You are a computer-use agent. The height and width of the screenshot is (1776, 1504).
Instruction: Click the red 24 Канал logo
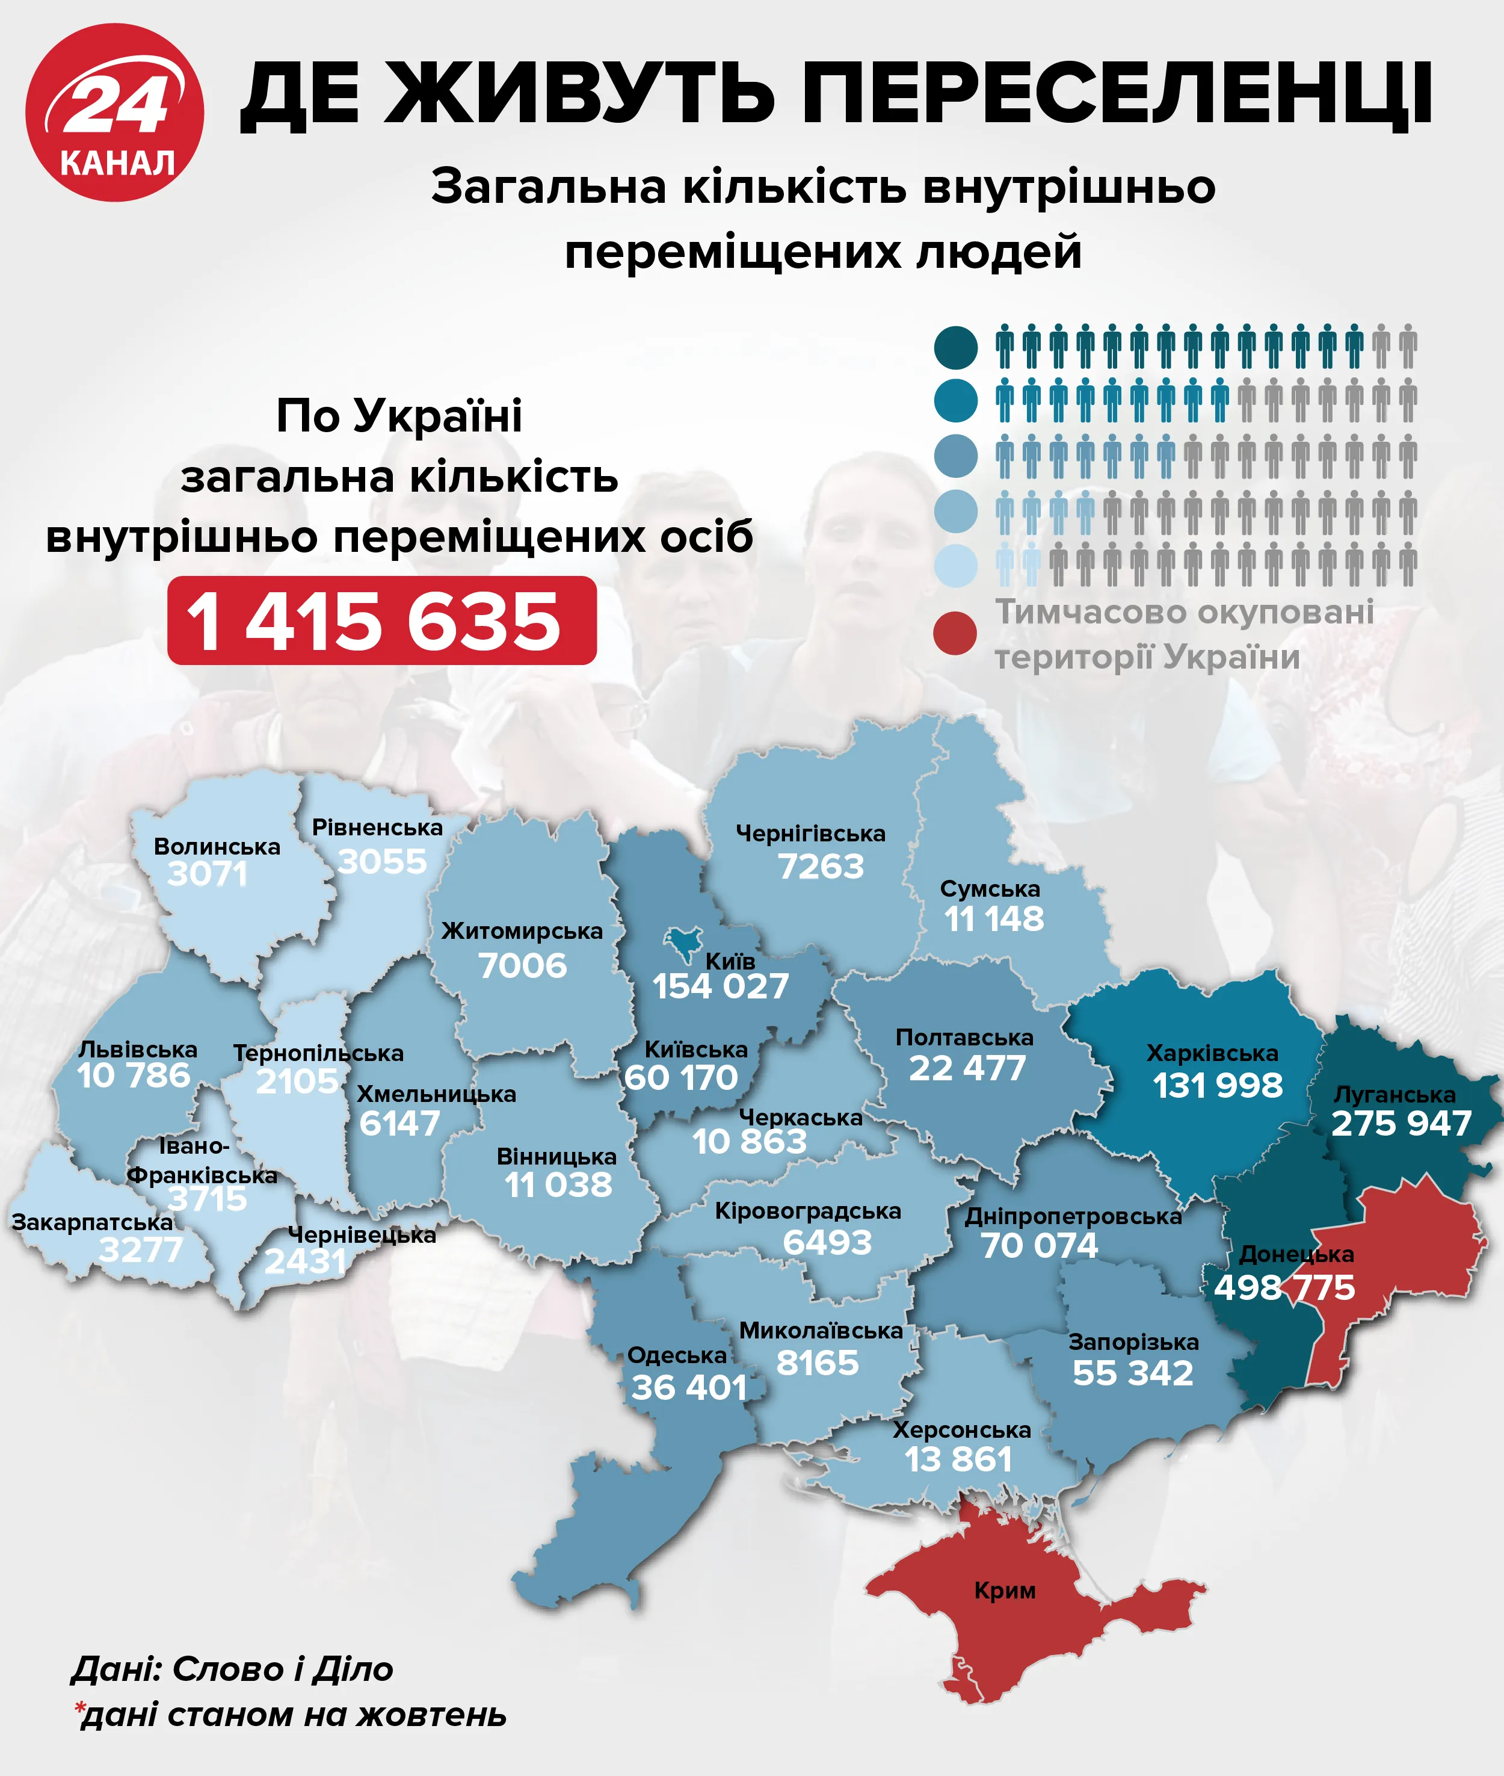(114, 113)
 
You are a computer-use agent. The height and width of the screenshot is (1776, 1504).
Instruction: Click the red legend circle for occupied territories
(955, 633)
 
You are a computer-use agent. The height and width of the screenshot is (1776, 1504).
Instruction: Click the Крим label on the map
(1005, 1590)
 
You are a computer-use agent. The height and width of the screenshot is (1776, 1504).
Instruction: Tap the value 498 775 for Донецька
(1284, 1287)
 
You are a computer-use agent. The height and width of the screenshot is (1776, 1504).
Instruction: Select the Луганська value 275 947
(1401, 1124)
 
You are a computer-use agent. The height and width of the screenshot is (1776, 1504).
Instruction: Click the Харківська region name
(1212, 1053)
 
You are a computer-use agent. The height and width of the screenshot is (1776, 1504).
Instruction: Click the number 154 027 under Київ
(721, 987)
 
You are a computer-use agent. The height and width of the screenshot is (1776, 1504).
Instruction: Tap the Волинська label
(217, 846)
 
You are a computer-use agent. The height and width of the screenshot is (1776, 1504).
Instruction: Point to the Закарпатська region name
(92, 1222)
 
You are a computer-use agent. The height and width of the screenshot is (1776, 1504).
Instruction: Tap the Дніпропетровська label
(1073, 1216)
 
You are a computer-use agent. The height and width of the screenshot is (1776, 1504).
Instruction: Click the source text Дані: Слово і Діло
(232, 1669)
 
